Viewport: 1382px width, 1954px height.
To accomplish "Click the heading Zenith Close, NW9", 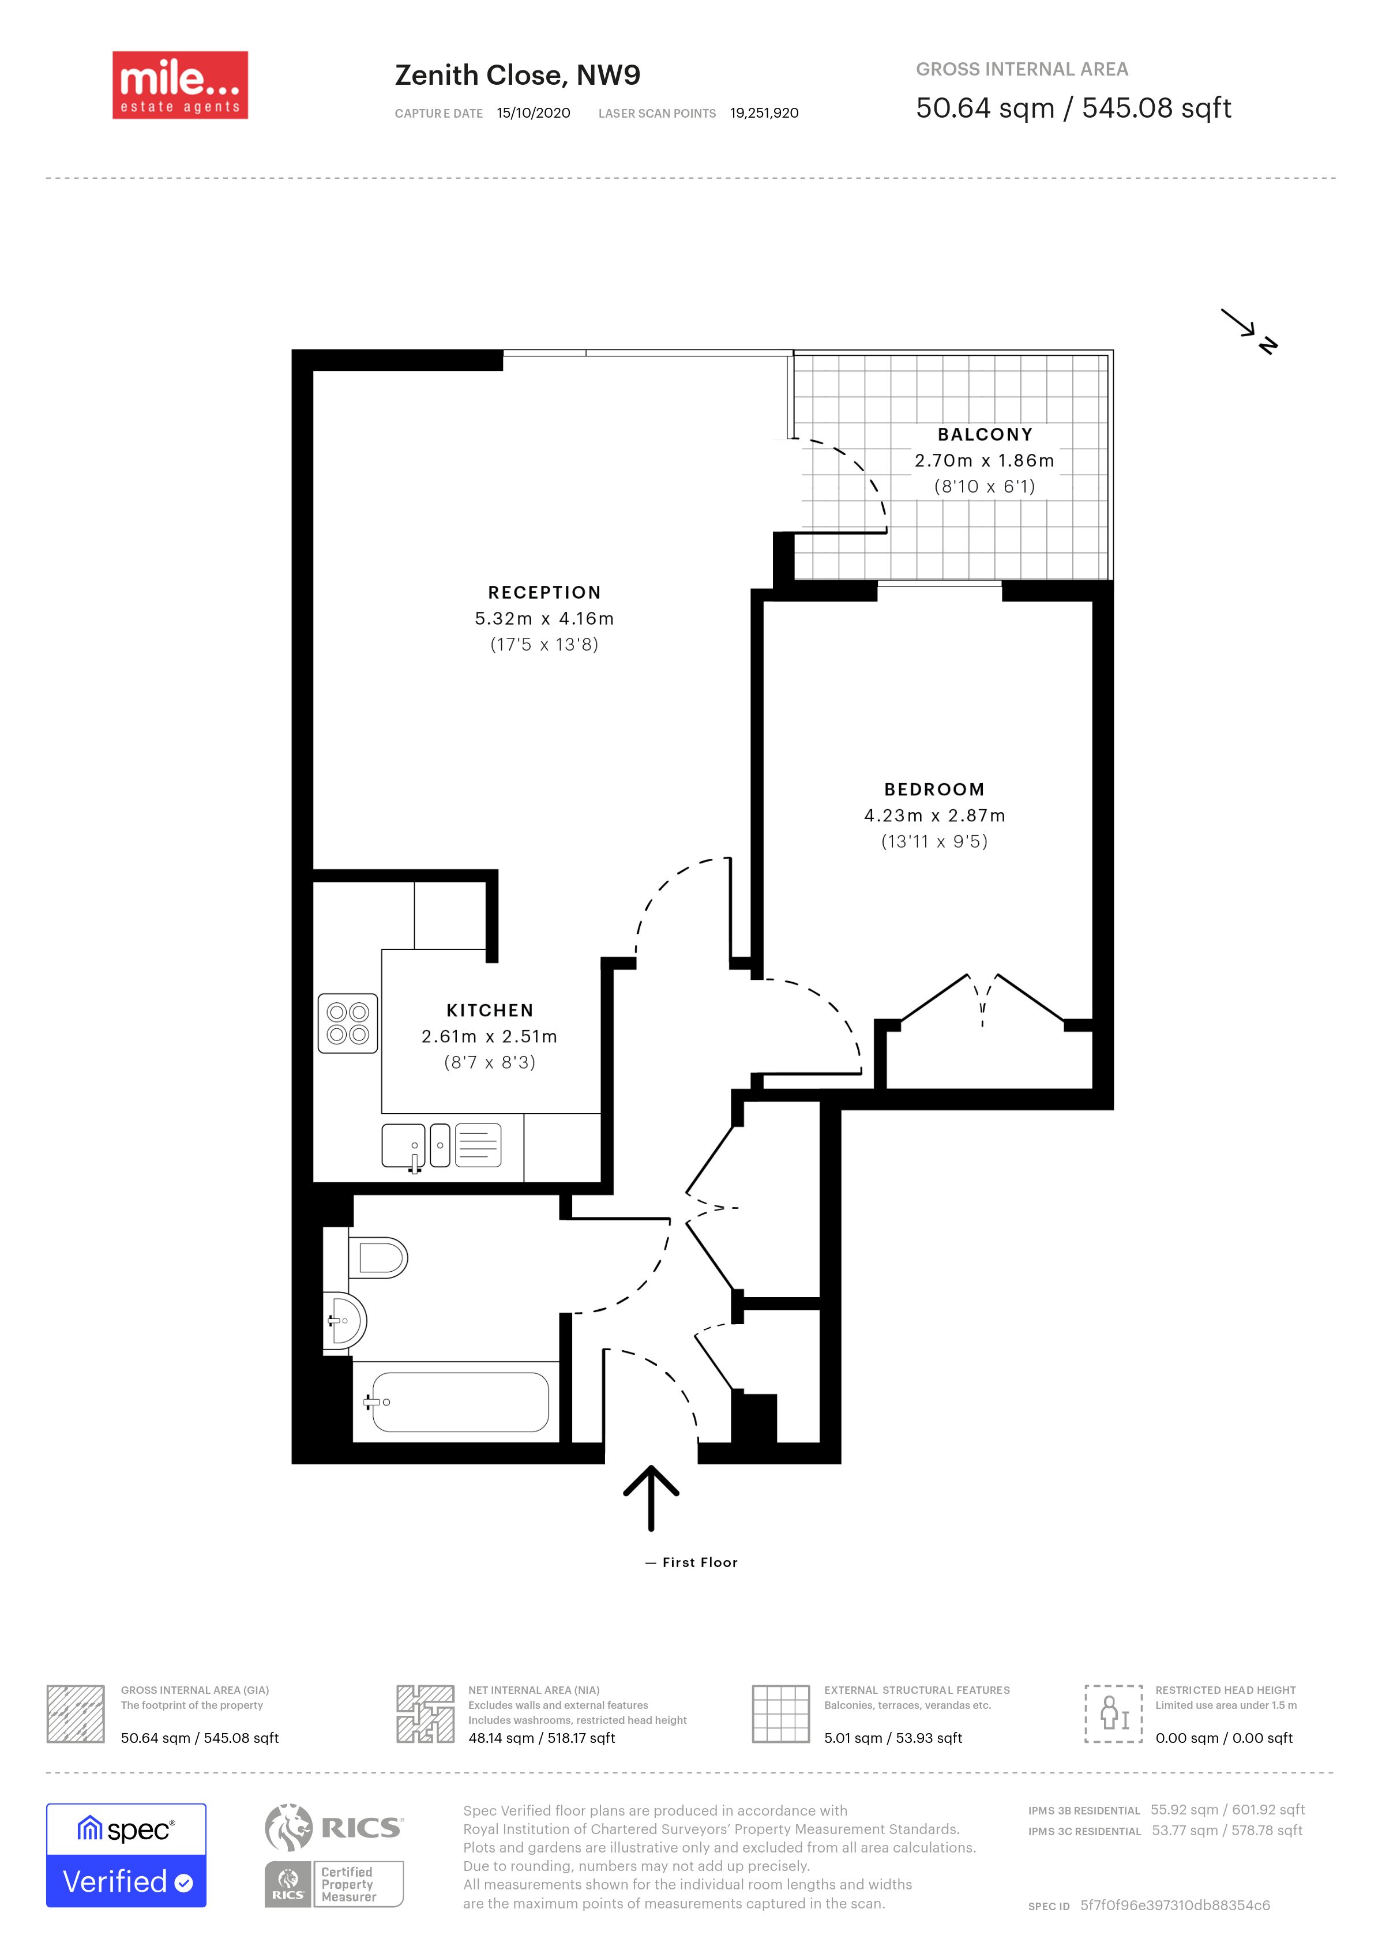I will (517, 75).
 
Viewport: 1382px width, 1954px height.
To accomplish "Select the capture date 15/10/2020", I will (534, 113).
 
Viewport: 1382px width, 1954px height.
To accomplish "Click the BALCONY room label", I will (985, 434).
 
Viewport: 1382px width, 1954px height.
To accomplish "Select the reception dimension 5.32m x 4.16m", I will (544, 619).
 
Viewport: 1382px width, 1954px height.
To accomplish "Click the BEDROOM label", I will (933, 789).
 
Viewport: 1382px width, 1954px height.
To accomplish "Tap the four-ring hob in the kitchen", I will (347, 1023).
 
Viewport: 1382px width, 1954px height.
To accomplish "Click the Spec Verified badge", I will (126, 1855).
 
